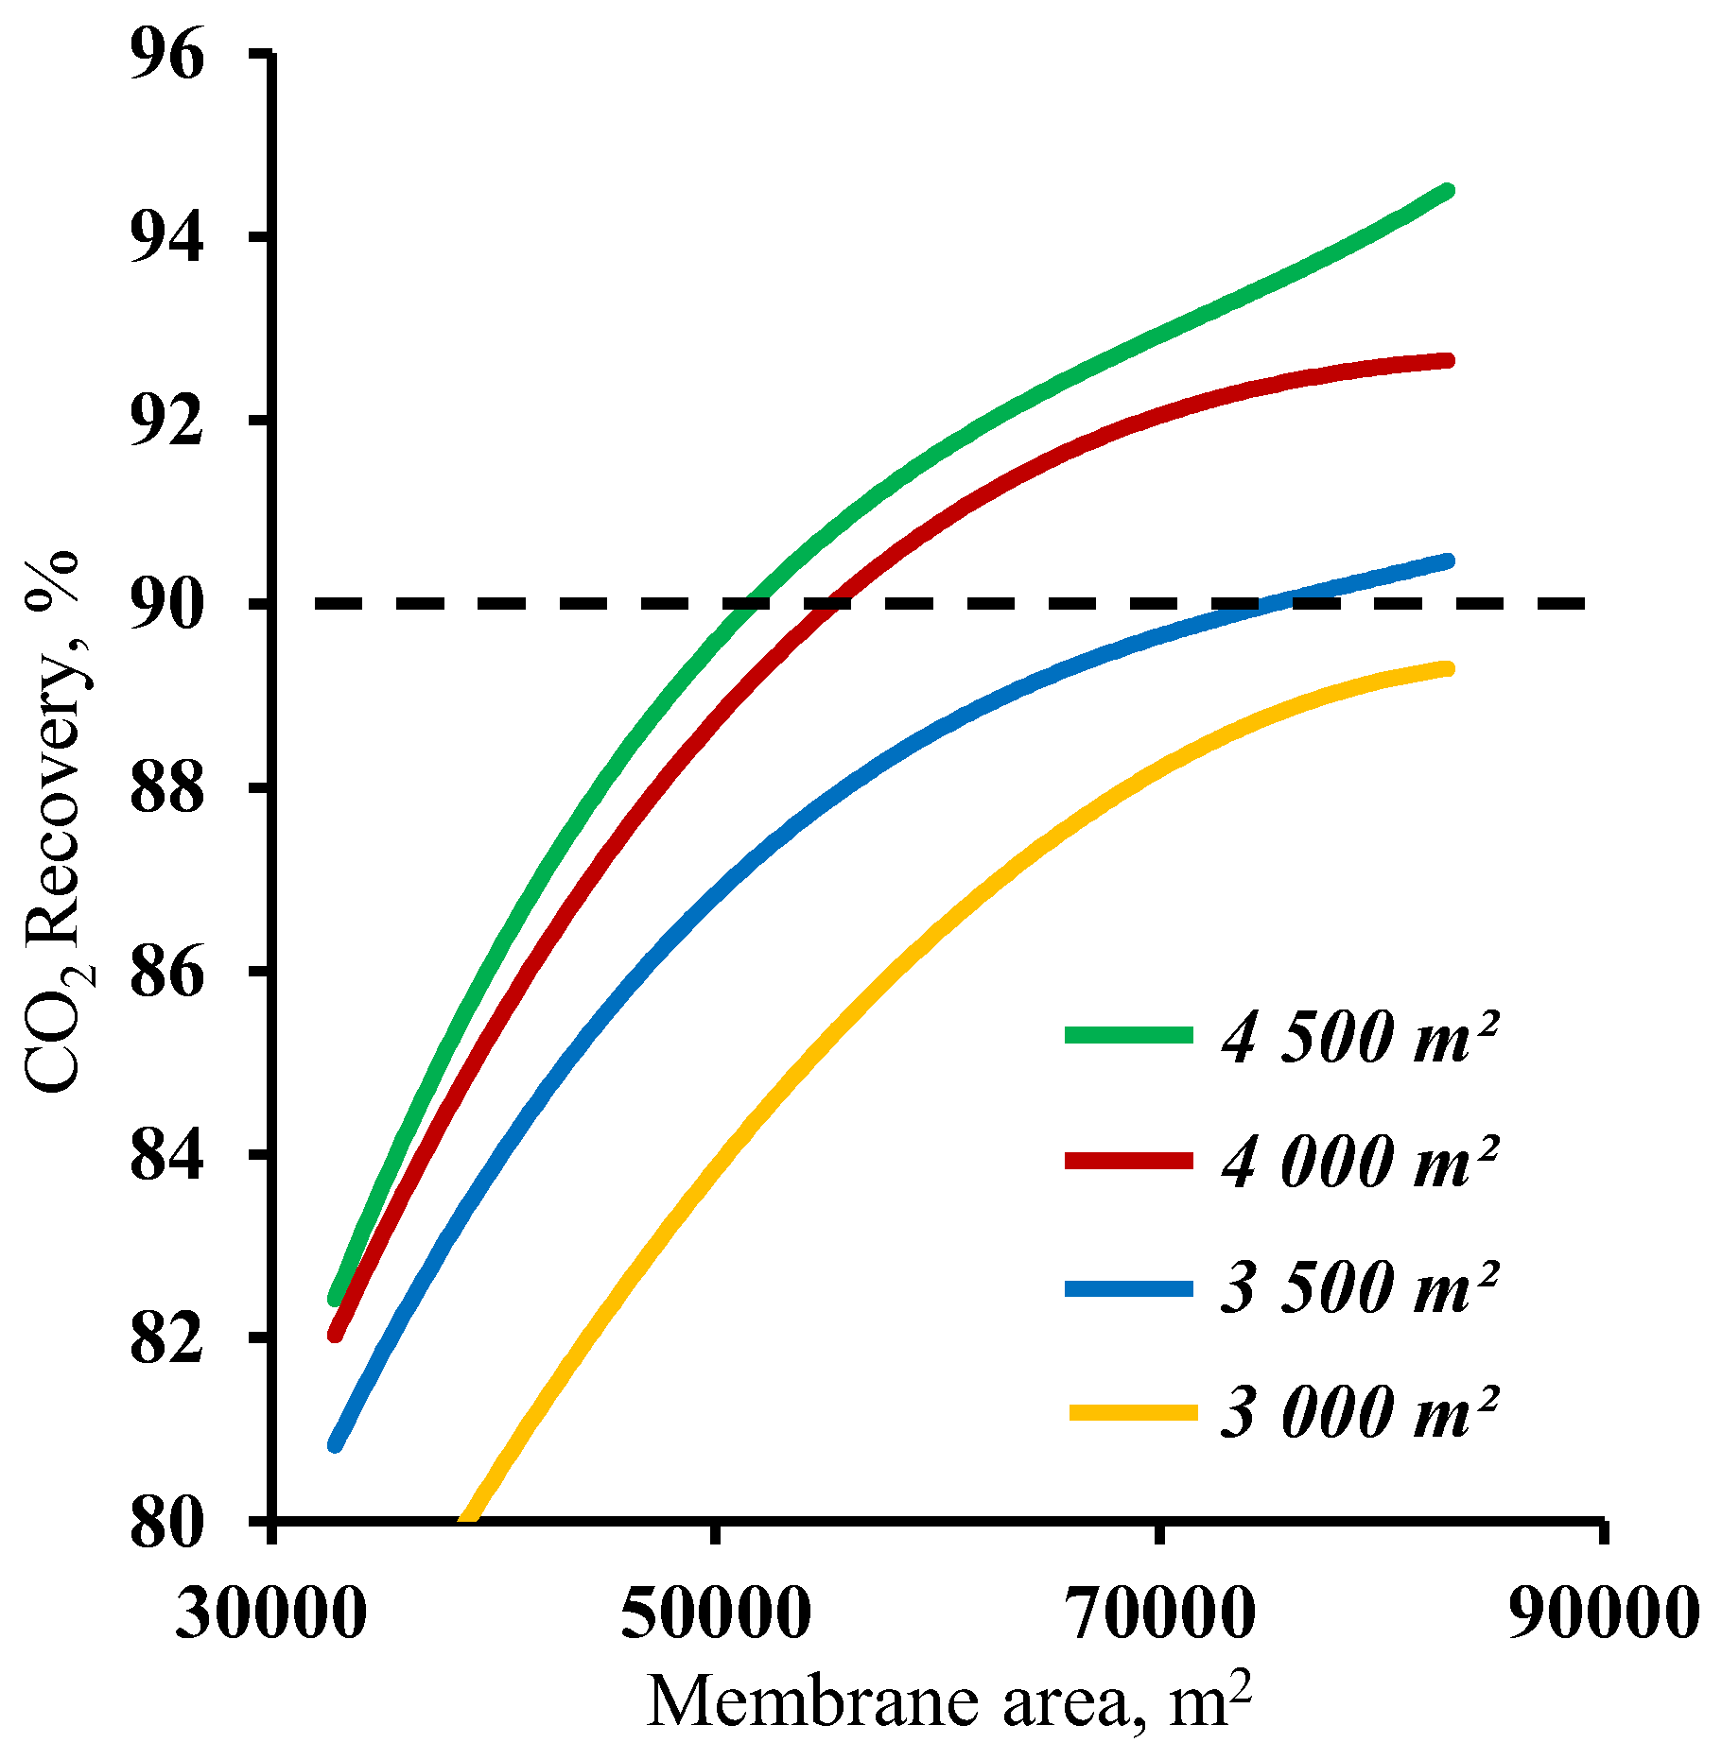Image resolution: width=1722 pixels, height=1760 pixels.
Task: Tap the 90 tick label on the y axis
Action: [x=166, y=603]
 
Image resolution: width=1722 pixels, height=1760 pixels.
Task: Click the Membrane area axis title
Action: [x=949, y=1702]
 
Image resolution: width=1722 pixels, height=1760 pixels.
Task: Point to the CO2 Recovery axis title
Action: [x=57, y=822]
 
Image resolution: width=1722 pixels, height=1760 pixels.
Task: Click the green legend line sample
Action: [x=1128, y=1035]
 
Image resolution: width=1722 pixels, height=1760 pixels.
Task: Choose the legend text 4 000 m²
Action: [x=1359, y=1161]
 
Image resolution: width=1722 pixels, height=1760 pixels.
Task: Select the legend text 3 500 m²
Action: [x=1359, y=1286]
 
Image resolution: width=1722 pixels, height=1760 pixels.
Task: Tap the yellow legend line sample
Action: [x=1133, y=1412]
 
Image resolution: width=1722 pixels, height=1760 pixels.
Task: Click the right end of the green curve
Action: [x=1448, y=191]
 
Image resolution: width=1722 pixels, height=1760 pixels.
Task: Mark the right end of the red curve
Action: [x=1448, y=360]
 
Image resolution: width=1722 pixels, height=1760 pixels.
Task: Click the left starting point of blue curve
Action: [x=335, y=1444]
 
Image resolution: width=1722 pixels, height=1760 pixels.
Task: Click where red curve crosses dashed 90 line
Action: [x=827, y=603]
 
